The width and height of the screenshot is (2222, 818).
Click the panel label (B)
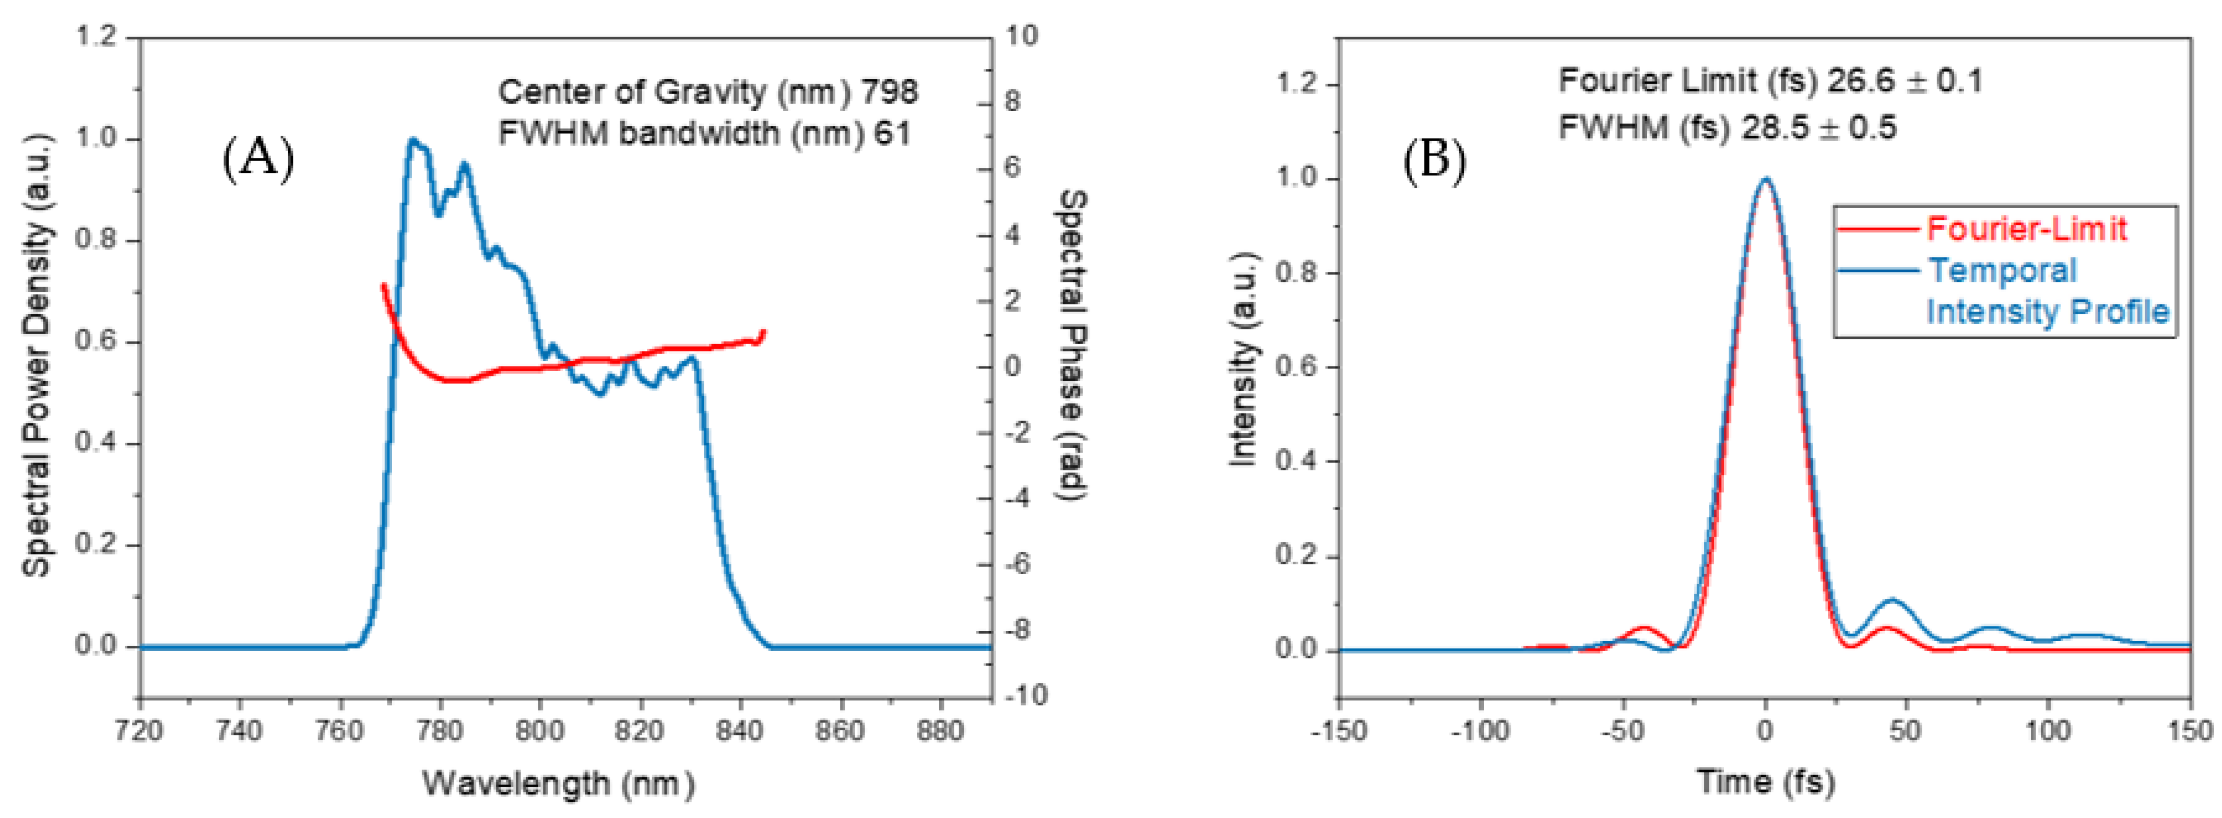(1434, 160)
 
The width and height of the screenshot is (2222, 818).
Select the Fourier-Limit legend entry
(2025, 229)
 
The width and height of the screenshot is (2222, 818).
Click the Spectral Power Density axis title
(36, 354)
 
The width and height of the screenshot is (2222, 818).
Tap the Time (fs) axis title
(1765, 782)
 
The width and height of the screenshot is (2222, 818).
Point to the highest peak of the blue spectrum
(413, 140)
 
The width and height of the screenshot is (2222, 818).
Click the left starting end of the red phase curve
(384, 284)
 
